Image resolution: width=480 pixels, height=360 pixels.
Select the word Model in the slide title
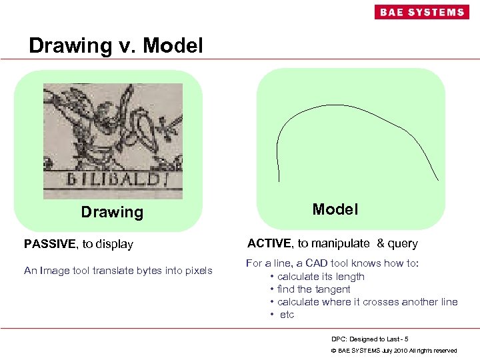click(173, 45)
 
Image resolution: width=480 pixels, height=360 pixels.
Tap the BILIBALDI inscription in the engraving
click(112, 179)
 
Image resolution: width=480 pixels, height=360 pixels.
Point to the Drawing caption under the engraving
click(112, 212)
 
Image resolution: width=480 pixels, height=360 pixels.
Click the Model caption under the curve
click(335, 209)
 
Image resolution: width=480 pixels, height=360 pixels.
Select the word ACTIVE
click(269, 243)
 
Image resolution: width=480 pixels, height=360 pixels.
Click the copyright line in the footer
click(394, 350)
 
